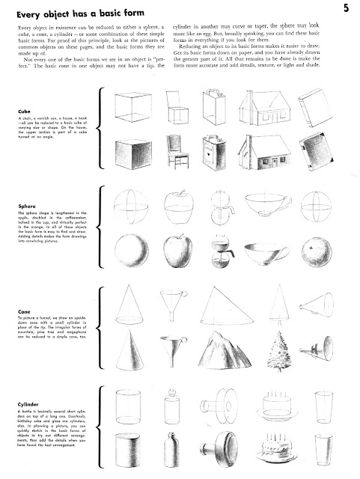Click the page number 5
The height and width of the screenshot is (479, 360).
347,9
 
